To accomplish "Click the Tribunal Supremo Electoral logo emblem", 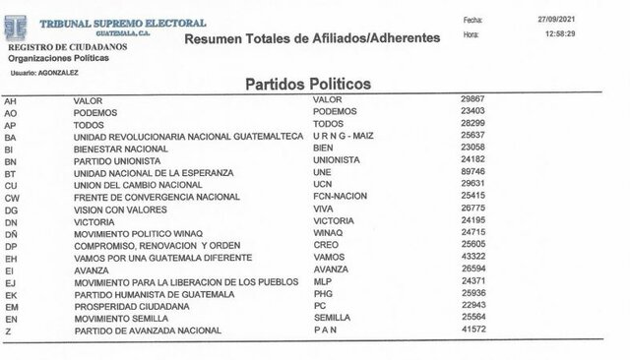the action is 21,26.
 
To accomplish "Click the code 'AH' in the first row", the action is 11,100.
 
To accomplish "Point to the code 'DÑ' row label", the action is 12,231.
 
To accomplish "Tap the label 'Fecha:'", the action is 472,19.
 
